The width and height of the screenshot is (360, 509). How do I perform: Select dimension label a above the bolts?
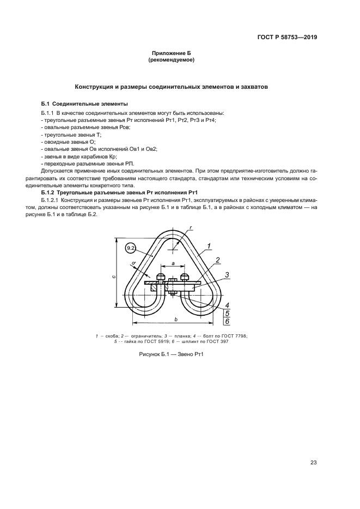point(172,263)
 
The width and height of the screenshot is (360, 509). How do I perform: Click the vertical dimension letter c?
point(113,276)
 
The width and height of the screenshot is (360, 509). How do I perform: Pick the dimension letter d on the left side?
point(133,264)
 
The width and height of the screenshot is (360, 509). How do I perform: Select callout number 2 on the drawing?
point(217,260)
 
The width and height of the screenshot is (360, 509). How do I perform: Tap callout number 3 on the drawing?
point(227,274)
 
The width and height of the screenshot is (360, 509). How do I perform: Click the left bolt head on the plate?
point(160,276)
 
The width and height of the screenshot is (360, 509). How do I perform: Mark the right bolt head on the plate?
point(185,276)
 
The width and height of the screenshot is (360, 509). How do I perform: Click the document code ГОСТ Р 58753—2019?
point(288,38)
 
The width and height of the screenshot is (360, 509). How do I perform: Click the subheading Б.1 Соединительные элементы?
point(84,103)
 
